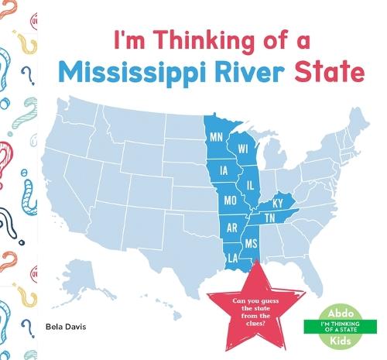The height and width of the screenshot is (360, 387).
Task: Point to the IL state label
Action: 250,186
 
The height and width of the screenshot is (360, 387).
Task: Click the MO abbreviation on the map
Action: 230,200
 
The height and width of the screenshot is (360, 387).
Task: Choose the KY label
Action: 278,204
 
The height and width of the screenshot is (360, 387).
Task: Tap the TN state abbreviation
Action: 271,219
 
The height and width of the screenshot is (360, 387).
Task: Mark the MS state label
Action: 251,243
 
